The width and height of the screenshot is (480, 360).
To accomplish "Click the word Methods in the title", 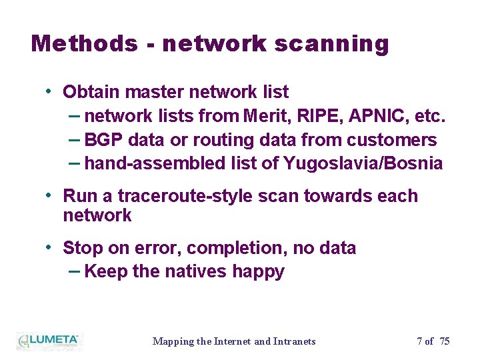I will click(83, 43).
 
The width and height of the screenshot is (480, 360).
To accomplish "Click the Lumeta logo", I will click(48, 341).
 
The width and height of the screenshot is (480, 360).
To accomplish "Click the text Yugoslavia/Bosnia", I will click(363, 163).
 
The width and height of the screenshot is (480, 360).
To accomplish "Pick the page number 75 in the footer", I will click(445, 341).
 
